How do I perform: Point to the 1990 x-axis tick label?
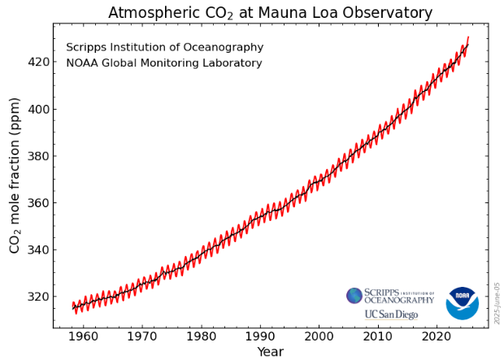coord(260,335)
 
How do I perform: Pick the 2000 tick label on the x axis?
coord(319,335)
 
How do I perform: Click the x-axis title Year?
coord(270,351)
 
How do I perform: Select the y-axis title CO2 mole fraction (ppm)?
coord(15,175)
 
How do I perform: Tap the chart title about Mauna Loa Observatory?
coord(270,12)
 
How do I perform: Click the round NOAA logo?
coord(462,303)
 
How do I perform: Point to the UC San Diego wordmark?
coord(391,314)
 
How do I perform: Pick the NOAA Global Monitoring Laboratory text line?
coord(164,63)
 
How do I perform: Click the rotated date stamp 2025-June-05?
coord(497,303)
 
